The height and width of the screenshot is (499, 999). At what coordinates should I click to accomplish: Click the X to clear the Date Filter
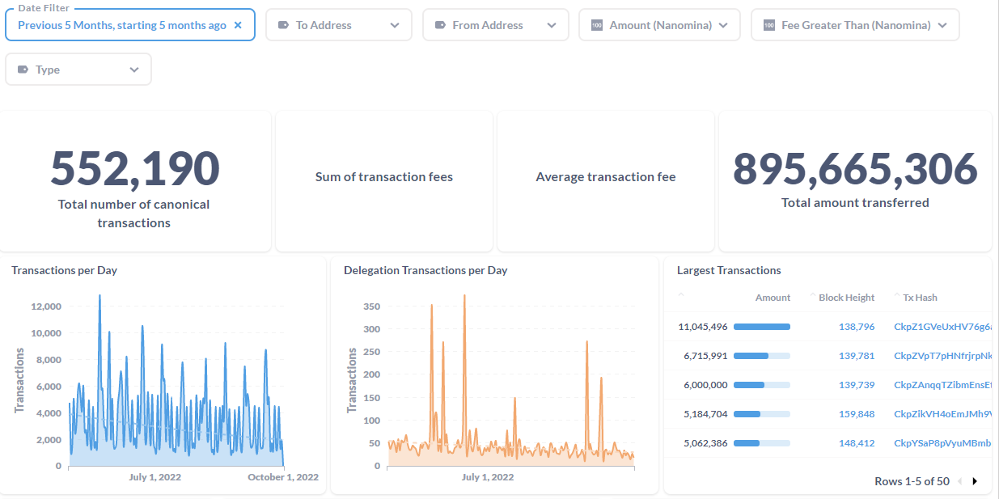click(x=238, y=25)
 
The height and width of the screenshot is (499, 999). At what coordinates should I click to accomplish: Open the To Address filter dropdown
click(x=338, y=25)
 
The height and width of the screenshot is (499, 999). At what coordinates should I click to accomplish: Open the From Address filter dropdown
click(x=495, y=25)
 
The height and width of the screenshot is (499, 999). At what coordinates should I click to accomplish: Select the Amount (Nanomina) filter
click(x=659, y=25)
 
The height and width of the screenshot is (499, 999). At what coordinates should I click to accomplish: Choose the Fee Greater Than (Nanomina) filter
click(x=855, y=25)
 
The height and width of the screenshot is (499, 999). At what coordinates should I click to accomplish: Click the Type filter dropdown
click(x=78, y=70)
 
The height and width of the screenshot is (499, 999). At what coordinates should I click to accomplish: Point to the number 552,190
click(x=134, y=168)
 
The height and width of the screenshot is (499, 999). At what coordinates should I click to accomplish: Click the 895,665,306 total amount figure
click(x=855, y=168)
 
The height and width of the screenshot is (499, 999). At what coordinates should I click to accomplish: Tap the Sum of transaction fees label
click(x=383, y=176)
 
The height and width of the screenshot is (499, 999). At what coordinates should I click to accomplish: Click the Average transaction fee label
click(x=605, y=176)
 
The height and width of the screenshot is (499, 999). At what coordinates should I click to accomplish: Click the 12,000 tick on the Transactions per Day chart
click(x=45, y=307)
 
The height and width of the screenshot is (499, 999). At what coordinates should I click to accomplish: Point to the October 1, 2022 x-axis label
click(x=282, y=477)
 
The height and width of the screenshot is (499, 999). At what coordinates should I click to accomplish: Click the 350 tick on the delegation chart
click(x=371, y=307)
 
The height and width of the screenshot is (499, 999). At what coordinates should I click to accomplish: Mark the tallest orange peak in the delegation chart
click(x=464, y=296)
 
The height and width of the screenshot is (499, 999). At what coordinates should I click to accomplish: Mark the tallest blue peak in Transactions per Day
click(x=99, y=296)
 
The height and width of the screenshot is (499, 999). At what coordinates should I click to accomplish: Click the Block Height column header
click(x=846, y=298)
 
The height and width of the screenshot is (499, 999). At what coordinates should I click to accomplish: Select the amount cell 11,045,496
click(x=703, y=327)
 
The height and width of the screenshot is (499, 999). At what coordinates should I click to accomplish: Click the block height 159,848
click(x=857, y=414)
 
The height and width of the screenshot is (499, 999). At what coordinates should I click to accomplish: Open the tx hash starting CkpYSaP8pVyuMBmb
click(x=942, y=443)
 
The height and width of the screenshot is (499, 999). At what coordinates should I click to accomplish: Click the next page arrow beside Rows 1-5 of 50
click(x=975, y=481)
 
